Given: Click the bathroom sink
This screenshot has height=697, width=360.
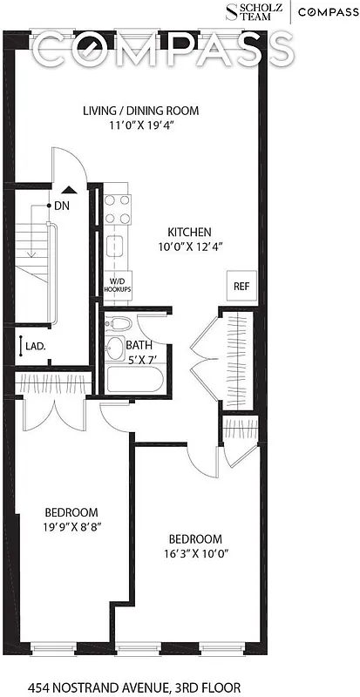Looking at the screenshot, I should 114,350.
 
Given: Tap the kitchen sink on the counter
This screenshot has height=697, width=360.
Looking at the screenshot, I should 115,245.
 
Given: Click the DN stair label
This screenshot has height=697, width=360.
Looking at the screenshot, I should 62,206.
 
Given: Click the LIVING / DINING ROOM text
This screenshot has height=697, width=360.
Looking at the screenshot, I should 140,111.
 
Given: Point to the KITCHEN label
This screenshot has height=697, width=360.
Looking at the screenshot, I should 189,233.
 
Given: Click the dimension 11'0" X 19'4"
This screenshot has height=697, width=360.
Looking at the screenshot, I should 140,125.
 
